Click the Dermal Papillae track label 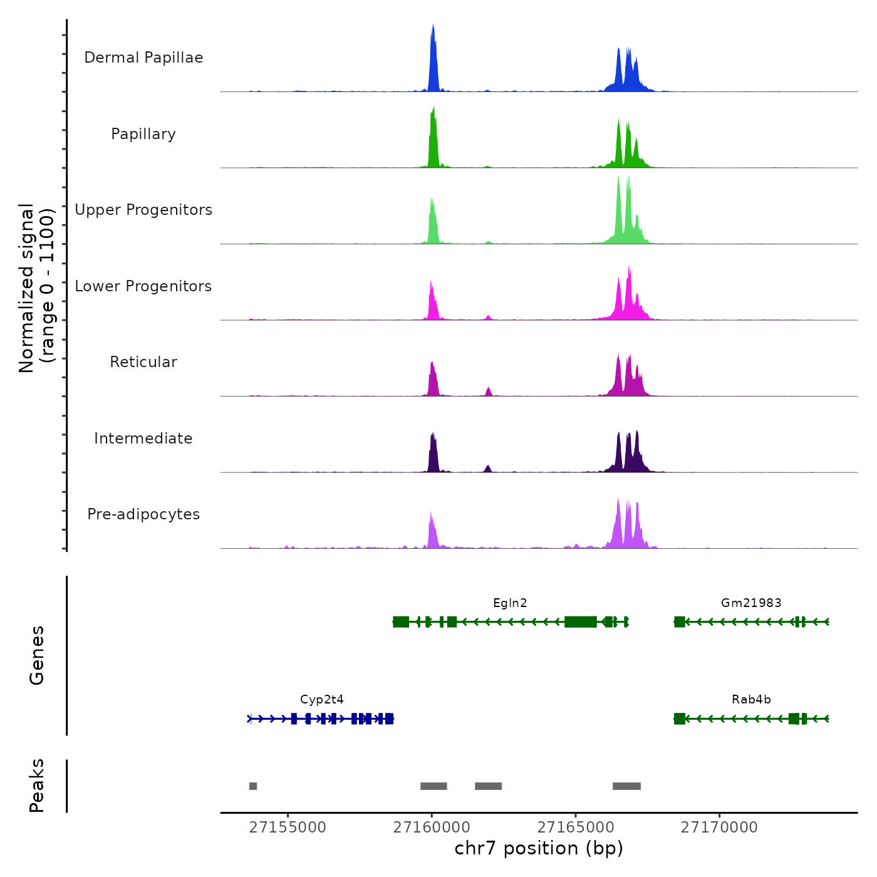coord(143,58)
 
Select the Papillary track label coord(143,134)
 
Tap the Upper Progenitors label coord(143,210)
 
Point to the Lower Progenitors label coord(143,286)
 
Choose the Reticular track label coord(143,362)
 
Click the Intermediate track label coord(143,438)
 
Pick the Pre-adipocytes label coord(143,514)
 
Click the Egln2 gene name coord(510,603)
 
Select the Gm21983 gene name coord(751,603)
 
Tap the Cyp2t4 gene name coord(322,700)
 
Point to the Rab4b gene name coord(751,700)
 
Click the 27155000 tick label coord(288,828)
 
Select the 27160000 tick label coord(432,828)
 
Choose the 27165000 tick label coord(576,828)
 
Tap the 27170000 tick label coord(719,828)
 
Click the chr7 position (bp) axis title coord(539,848)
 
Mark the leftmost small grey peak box coord(253,786)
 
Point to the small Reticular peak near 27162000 coord(489,392)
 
